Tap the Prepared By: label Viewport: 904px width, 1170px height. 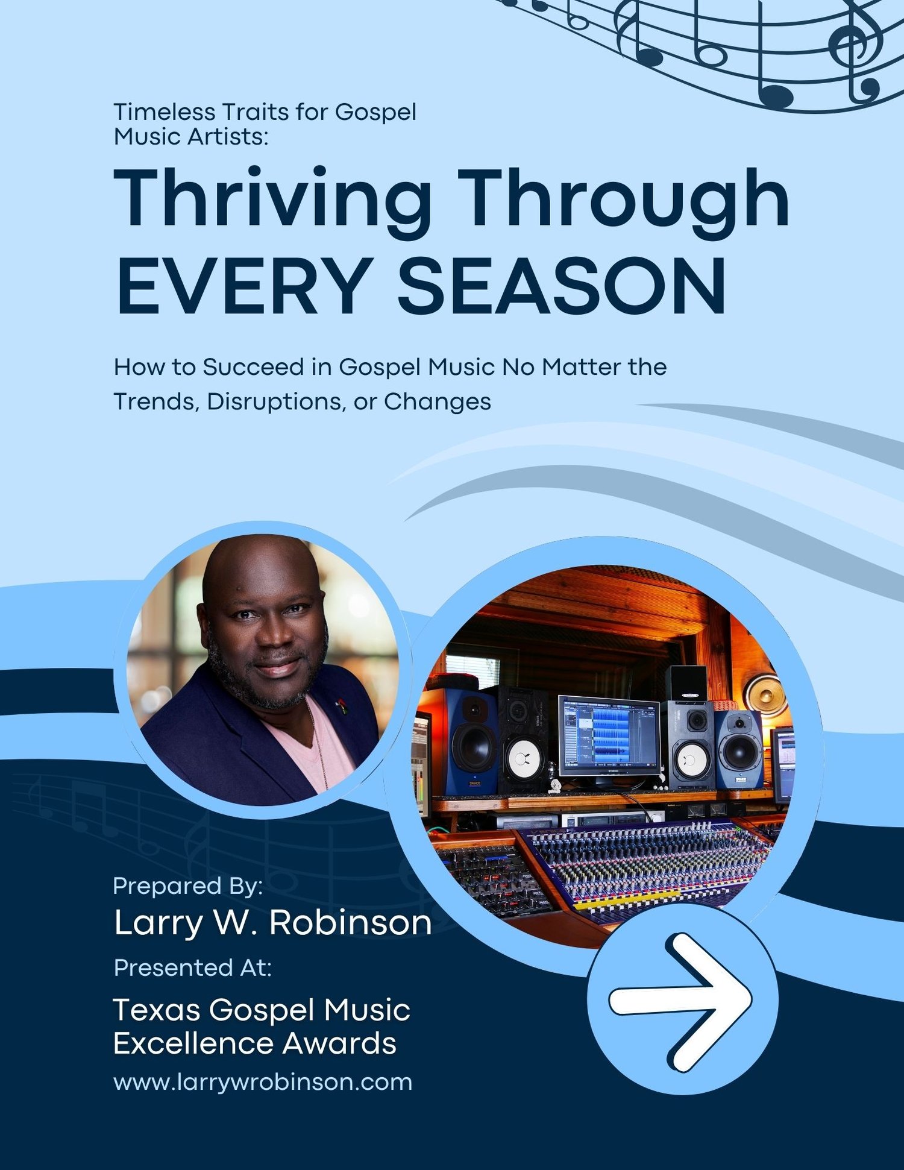[188, 886]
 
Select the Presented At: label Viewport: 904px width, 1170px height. [192, 967]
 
